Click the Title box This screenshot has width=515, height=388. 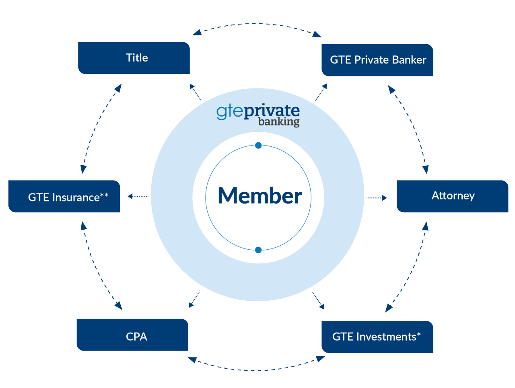tap(134, 58)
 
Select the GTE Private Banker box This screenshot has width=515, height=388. tap(377, 60)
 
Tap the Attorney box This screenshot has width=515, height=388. tap(452, 196)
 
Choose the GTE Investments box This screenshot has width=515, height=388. tap(377, 337)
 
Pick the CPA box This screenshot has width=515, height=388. tap(132, 335)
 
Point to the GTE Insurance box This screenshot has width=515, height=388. tap(64, 196)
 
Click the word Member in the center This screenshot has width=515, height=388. tap(260, 196)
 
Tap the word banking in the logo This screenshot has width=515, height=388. tap(279, 121)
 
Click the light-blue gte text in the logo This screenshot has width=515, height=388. tap(230, 111)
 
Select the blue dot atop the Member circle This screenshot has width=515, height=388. tap(258, 146)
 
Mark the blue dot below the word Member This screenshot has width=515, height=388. tap(258, 250)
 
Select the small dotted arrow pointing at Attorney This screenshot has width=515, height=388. tap(376, 198)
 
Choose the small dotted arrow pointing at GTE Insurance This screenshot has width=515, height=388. tap(138, 196)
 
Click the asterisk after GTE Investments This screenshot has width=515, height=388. tap(419, 334)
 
